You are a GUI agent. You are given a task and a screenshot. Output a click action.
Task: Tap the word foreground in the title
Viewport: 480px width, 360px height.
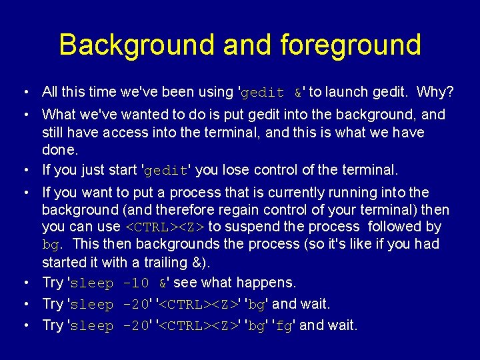[351, 45]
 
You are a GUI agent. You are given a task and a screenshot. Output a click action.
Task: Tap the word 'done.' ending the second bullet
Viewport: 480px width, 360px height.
[59, 149]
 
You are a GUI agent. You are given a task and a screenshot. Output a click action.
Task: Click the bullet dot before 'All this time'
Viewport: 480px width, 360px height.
[24, 92]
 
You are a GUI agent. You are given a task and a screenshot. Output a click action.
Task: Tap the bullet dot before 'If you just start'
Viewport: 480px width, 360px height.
[24, 171]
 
